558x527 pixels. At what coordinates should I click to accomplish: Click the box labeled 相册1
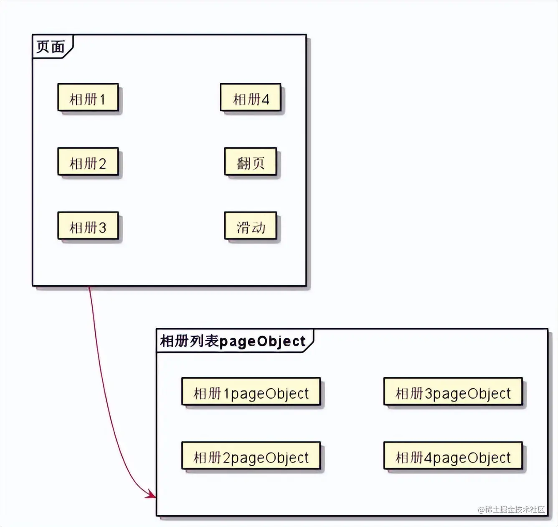click(88, 97)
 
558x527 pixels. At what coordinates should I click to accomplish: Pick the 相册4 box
click(250, 97)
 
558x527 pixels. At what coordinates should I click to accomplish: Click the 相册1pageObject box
click(251, 392)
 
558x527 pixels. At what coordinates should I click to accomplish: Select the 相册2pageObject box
click(251, 456)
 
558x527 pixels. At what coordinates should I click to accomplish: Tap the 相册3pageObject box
click(453, 392)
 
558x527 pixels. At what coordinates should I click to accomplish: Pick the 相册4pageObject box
click(453, 456)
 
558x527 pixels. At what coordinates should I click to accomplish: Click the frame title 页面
click(51, 46)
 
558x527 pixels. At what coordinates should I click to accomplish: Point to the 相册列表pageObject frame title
click(233, 341)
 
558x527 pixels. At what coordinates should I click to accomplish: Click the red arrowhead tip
click(155, 497)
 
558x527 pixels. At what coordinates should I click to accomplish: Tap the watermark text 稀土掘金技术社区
click(515, 509)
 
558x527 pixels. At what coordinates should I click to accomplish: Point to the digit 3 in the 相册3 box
click(102, 228)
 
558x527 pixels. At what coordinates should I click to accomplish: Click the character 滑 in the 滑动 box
click(243, 228)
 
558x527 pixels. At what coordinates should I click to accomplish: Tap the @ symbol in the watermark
click(481, 510)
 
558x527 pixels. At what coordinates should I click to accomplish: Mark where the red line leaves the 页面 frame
click(89, 287)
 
